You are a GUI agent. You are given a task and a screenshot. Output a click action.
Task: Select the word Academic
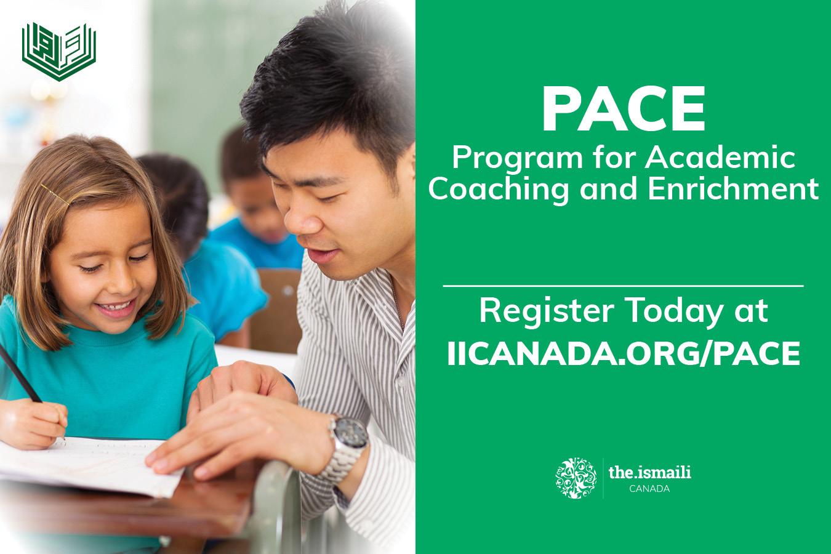pyautogui.click(x=720, y=156)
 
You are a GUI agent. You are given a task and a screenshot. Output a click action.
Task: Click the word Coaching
pyautogui.click(x=498, y=190)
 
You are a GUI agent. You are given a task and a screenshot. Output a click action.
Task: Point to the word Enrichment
pyautogui.click(x=733, y=188)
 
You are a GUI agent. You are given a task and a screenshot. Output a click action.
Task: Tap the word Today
pyautogui.click(x=673, y=311)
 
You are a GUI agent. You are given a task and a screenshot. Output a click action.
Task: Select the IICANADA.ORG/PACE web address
pyautogui.click(x=623, y=353)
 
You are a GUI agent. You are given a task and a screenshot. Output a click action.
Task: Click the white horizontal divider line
pyautogui.click(x=623, y=286)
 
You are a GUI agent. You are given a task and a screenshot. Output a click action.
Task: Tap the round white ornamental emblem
pyautogui.click(x=576, y=478)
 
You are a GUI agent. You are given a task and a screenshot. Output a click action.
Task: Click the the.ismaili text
pyautogui.click(x=649, y=473)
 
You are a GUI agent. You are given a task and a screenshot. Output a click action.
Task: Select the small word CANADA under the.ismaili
pyautogui.click(x=649, y=489)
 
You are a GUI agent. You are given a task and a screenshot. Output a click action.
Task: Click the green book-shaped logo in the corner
pyautogui.click(x=59, y=52)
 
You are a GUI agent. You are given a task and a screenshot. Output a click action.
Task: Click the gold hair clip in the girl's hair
pyautogui.click(x=55, y=195)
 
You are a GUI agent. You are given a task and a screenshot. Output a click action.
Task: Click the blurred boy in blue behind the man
pyautogui.click(x=256, y=201)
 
